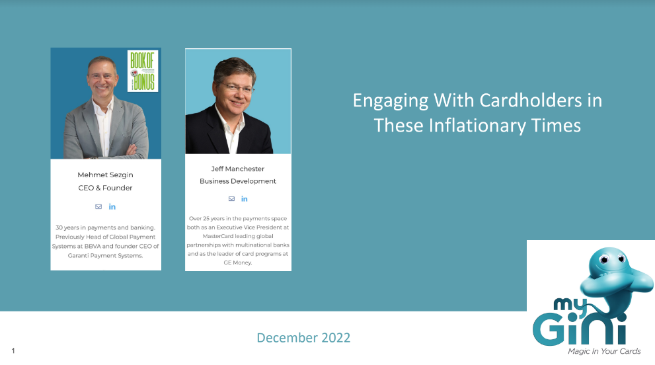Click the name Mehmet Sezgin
[x=105, y=175]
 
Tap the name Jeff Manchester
[x=238, y=169]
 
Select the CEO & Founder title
[x=105, y=188]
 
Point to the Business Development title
[x=238, y=181]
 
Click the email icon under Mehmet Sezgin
[x=98, y=206]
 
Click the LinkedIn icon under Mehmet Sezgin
[x=112, y=206]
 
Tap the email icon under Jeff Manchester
[x=231, y=198]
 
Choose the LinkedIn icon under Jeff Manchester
[x=245, y=198]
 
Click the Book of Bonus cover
[x=143, y=71]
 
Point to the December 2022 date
[x=303, y=338]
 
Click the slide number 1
[x=13, y=351]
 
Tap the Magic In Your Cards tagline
[x=604, y=351]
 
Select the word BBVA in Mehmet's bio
[x=93, y=246]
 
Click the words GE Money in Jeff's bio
[x=238, y=263]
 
